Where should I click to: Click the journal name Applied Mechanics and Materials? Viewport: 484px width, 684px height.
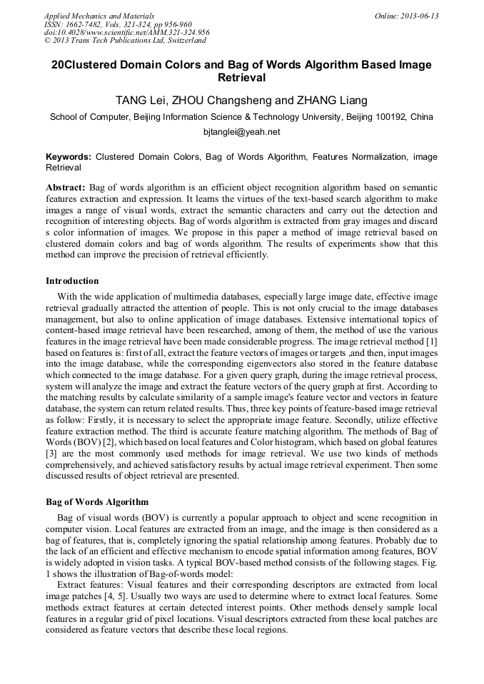[x=99, y=15]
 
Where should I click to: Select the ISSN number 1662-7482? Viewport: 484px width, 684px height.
[x=85, y=24]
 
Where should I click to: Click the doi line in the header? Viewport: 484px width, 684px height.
[x=126, y=32]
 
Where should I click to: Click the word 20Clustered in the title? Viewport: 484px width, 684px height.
[x=84, y=65]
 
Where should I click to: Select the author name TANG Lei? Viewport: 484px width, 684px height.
[x=141, y=100]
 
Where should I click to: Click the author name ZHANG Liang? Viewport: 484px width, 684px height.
[x=332, y=100]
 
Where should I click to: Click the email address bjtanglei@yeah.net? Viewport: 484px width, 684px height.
[x=241, y=132]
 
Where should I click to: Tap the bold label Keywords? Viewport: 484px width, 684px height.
[x=69, y=156]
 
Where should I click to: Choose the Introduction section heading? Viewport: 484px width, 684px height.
[x=72, y=281]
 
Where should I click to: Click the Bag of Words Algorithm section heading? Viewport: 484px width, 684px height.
[x=97, y=501]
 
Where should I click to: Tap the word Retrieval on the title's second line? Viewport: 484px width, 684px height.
[x=241, y=78]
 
